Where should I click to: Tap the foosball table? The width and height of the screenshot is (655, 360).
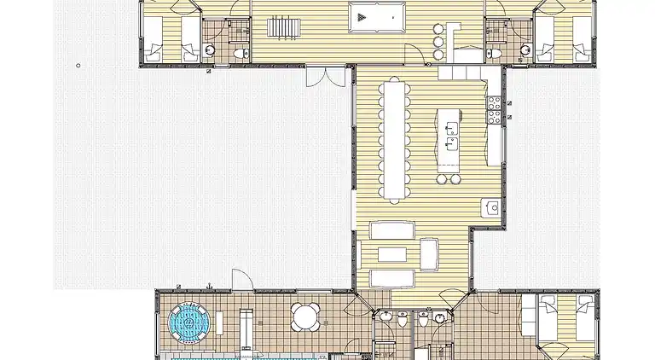click(281, 27)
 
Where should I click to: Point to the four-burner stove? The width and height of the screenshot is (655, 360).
click(495, 108)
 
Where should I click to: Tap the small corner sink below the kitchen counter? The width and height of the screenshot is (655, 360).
click(491, 206)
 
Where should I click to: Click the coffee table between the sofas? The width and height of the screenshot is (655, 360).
click(391, 253)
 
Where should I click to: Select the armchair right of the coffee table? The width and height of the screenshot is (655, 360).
click(429, 253)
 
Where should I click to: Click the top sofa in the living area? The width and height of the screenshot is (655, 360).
click(391, 229)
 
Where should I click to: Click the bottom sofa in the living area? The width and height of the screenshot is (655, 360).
click(391, 278)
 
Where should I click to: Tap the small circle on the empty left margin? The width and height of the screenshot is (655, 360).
click(78, 65)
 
